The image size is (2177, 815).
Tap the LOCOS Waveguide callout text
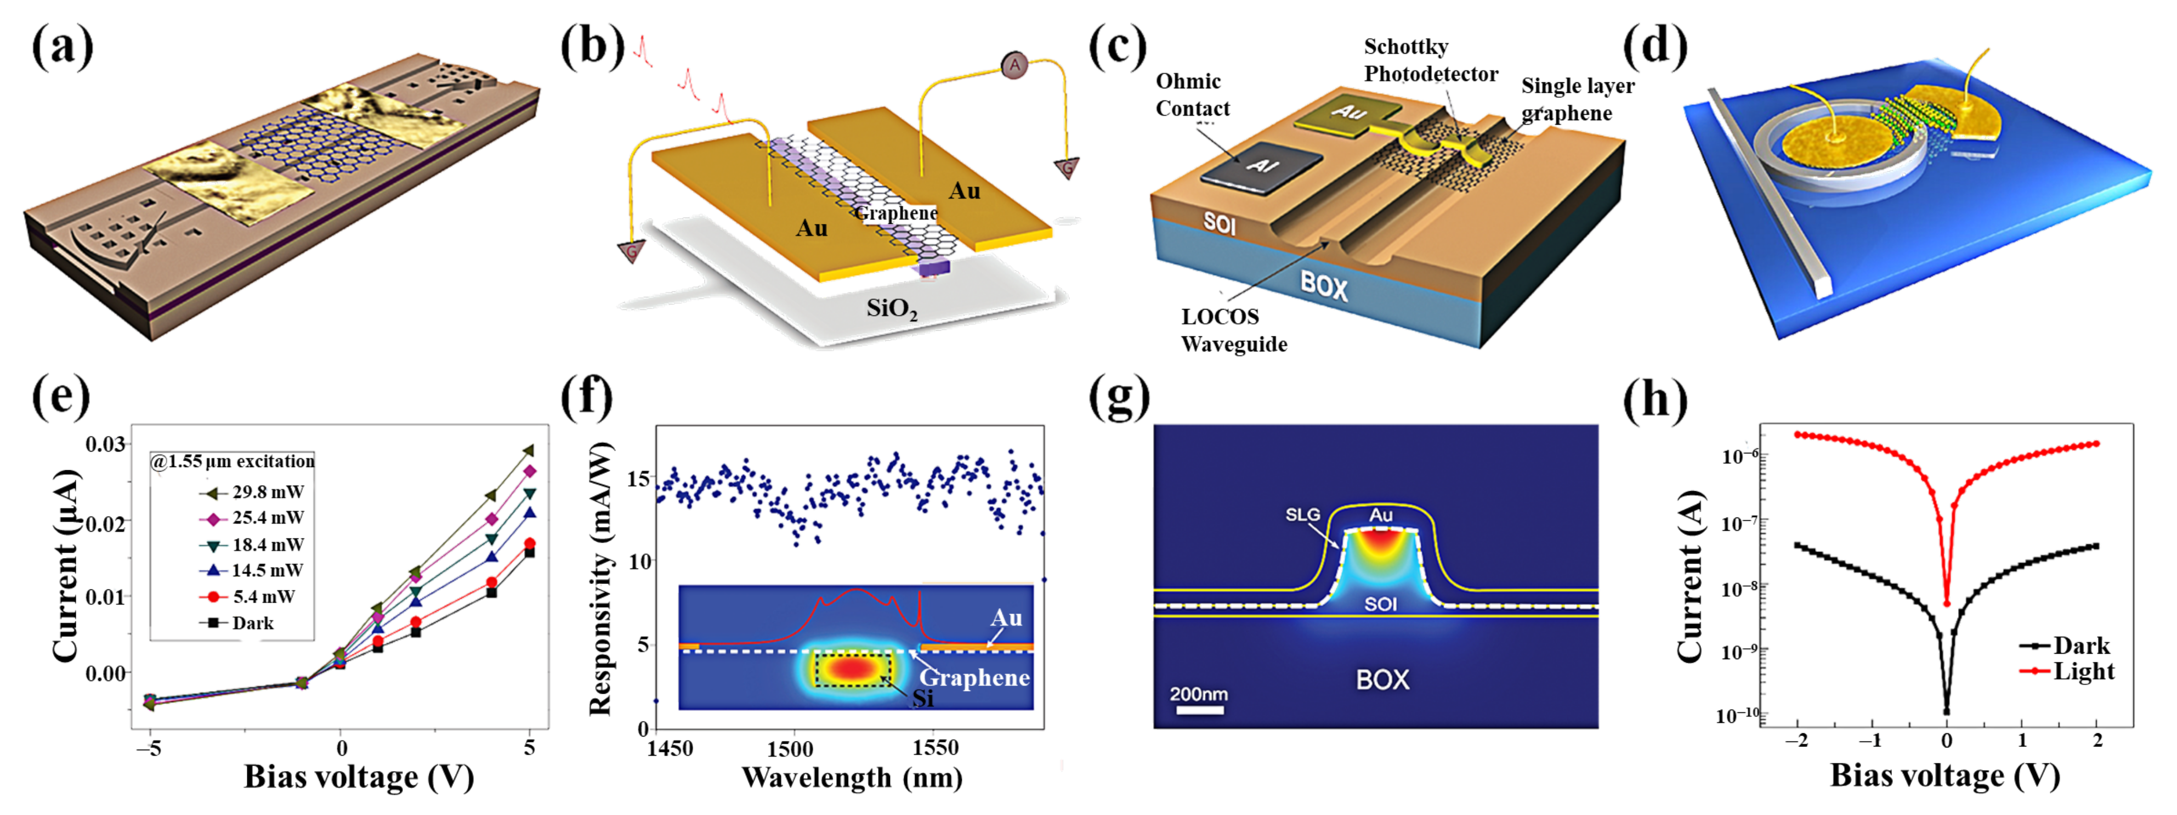1233,330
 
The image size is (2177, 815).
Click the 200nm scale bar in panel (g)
1198,709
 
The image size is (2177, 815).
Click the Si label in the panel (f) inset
923,698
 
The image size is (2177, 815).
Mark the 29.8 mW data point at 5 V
529,451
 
